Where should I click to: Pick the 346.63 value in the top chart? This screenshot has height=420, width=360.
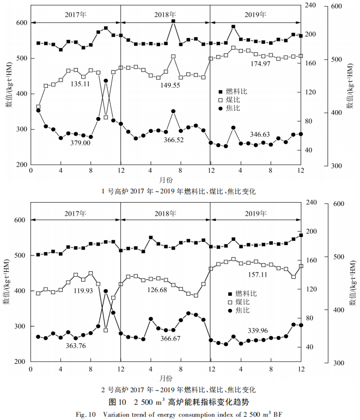coord(260,134)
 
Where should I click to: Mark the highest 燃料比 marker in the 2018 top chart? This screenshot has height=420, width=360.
coord(173,22)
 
